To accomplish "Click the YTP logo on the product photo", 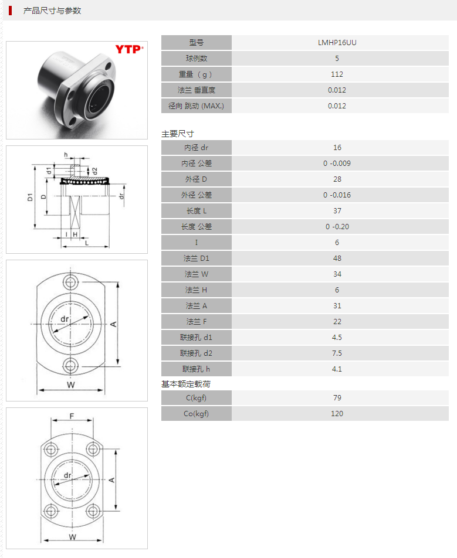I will tap(127, 49).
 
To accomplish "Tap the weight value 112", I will tap(337, 74).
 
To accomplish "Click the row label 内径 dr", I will tap(197, 148).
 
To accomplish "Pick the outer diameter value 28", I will tap(337, 179).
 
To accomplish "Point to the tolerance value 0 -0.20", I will tap(337, 227).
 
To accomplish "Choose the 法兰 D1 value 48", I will tap(337, 258).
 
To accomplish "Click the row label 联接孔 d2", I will tap(197, 353).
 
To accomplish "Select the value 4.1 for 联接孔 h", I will tap(337, 369).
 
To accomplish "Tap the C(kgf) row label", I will tap(197, 398).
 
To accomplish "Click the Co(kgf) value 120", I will tap(337, 414).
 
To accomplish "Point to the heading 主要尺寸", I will tap(178, 134).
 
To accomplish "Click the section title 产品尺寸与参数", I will tap(52, 11).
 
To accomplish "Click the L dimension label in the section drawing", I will tap(86, 243).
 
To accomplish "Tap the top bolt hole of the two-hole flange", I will tap(72, 282).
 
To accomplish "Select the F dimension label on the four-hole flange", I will tap(72, 417).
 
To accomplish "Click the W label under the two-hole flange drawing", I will tap(70, 385).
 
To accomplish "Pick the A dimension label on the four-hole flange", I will tap(111, 480).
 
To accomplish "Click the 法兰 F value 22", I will tap(337, 322).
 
